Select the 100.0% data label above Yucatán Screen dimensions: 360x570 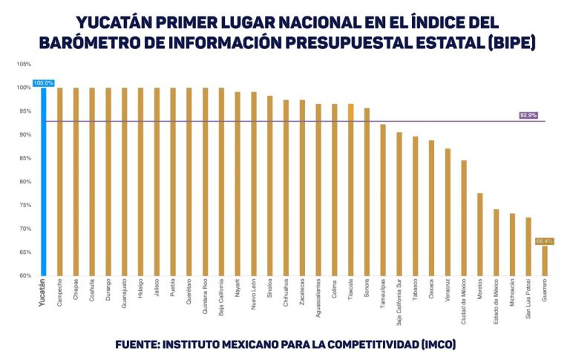(x=44, y=83)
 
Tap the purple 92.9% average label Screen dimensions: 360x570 (x=528, y=116)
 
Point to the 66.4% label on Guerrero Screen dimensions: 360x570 (x=544, y=241)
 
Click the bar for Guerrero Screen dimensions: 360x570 (x=545, y=261)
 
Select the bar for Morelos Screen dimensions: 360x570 (x=480, y=234)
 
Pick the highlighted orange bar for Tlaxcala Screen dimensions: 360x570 (x=351, y=189)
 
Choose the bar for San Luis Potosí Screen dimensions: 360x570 (x=528, y=246)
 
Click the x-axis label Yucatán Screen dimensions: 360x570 (x=42, y=293)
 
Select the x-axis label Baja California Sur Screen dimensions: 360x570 (x=399, y=303)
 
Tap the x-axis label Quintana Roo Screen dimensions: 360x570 (x=205, y=296)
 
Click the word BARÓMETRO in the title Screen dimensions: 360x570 (x=89, y=43)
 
